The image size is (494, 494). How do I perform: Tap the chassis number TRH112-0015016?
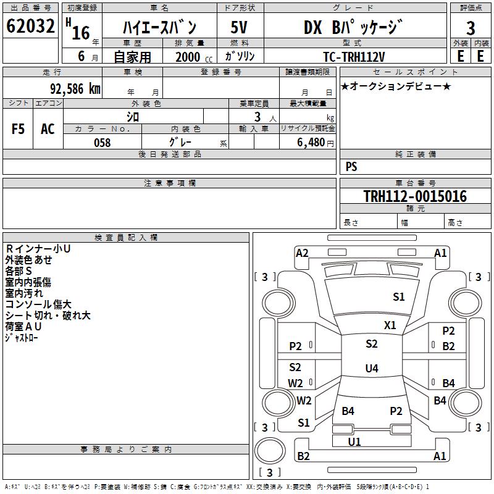click(x=415, y=196)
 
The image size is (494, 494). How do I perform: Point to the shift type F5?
click(x=19, y=129)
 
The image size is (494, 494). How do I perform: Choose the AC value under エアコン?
click(x=48, y=129)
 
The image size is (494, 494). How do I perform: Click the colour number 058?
click(x=102, y=142)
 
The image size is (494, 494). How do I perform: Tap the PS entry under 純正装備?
click(x=351, y=167)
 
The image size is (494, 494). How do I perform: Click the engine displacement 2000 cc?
click(x=192, y=57)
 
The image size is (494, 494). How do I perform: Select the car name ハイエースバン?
click(x=159, y=28)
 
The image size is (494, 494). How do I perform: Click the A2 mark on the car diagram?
click(x=302, y=253)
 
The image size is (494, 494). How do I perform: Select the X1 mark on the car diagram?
click(x=390, y=325)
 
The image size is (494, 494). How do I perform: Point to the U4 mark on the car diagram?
click(x=371, y=369)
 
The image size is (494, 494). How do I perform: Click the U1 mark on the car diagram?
click(x=354, y=442)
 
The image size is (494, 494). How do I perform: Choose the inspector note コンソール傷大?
click(x=38, y=304)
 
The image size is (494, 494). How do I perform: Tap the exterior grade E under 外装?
click(x=460, y=56)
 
